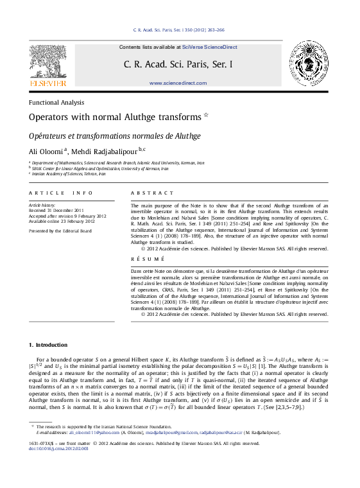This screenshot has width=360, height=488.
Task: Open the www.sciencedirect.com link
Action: (x=178, y=83)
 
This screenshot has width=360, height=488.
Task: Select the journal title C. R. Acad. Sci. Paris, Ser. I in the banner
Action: (x=178, y=65)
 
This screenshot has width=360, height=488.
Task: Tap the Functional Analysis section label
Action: (x=56, y=103)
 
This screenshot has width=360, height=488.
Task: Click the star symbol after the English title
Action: (x=207, y=116)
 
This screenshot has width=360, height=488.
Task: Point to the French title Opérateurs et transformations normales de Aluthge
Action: (x=115, y=136)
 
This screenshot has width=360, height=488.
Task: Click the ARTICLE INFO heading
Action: (x=56, y=193)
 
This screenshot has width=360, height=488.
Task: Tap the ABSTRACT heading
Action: (x=152, y=193)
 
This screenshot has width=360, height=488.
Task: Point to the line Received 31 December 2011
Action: (x=56, y=210)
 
